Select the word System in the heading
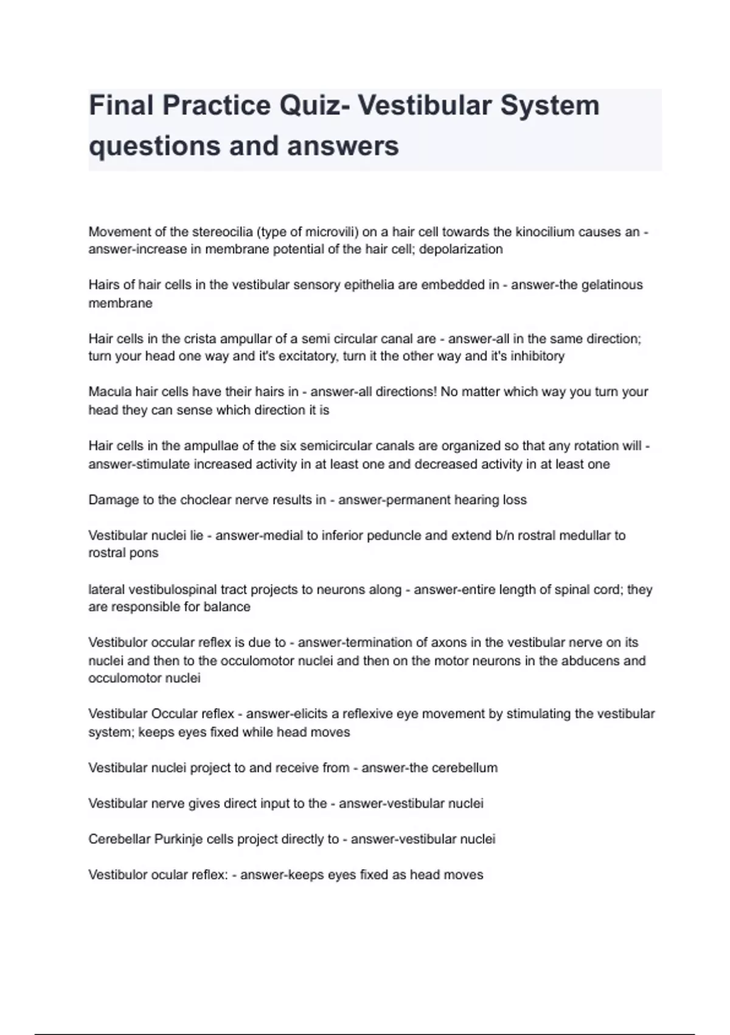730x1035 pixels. coord(550,105)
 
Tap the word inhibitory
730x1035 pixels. coord(538,356)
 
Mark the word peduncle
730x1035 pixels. coord(394,535)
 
